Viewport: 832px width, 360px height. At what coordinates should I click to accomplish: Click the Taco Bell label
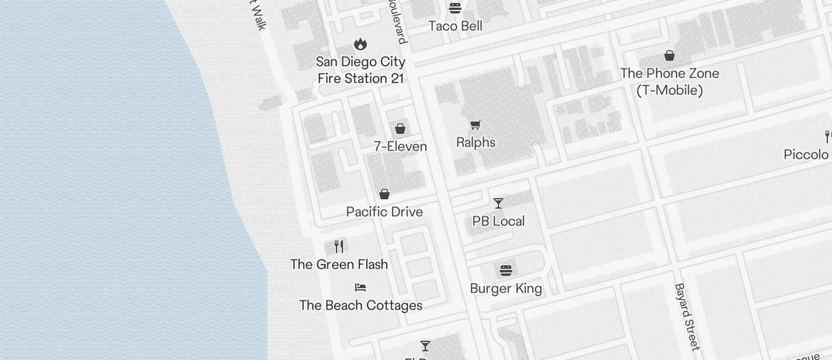pyautogui.click(x=455, y=26)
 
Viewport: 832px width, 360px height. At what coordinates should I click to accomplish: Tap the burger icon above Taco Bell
pyautogui.click(x=455, y=8)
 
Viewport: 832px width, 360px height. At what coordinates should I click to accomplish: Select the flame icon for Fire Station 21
pyautogui.click(x=360, y=44)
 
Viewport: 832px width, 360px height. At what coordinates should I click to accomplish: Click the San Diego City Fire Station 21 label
pyautogui.click(x=360, y=70)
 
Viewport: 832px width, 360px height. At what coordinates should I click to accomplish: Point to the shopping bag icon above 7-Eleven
pyautogui.click(x=400, y=129)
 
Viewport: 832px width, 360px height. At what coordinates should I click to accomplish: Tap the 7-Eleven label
pyautogui.click(x=400, y=146)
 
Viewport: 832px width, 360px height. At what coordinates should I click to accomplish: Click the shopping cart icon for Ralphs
pyautogui.click(x=476, y=124)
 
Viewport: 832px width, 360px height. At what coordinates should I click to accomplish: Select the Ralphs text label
pyautogui.click(x=476, y=143)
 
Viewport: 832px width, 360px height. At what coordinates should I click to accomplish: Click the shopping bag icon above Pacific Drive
pyautogui.click(x=384, y=194)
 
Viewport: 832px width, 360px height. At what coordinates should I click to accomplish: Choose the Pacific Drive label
pyautogui.click(x=384, y=212)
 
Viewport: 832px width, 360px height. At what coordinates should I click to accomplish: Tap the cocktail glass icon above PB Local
pyautogui.click(x=498, y=203)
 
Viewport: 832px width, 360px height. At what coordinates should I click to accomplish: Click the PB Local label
pyautogui.click(x=498, y=221)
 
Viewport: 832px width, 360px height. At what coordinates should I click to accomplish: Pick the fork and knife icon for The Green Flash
pyautogui.click(x=339, y=246)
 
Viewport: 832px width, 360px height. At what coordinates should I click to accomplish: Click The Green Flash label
pyautogui.click(x=339, y=264)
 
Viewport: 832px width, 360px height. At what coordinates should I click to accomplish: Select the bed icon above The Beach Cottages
pyautogui.click(x=360, y=288)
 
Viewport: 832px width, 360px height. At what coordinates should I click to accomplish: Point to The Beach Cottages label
pyautogui.click(x=360, y=305)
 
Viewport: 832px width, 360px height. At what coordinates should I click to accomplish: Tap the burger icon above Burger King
pyautogui.click(x=506, y=271)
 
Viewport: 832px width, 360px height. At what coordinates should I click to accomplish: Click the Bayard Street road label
pyautogui.click(x=687, y=316)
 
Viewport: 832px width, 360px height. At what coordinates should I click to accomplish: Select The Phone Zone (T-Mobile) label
pyautogui.click(x=670, y=82)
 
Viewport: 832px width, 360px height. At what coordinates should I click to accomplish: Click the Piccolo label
pyautogui.click(x=806, y=154)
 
